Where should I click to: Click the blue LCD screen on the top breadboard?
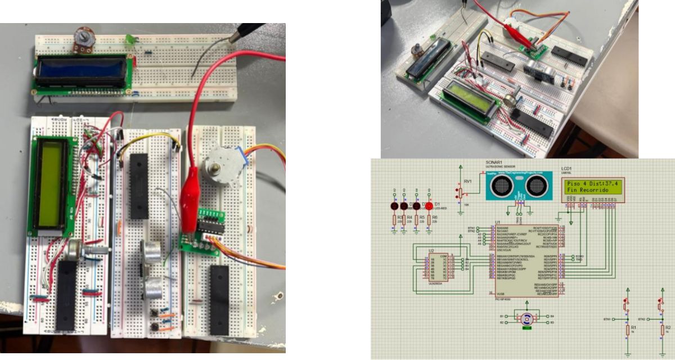click(x=82, y=70)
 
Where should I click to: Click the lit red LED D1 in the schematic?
click(x=429, y=206)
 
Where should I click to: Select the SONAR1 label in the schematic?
click(x=495, y=162)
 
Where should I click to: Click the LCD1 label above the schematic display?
click(x=566, y=169)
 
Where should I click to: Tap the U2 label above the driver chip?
click(x=431, y=250)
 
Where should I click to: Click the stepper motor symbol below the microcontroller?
click(x=527, y=319)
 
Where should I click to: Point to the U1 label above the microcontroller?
click(x=497, y=223)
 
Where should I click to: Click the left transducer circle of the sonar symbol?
click(x=503, y=184)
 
